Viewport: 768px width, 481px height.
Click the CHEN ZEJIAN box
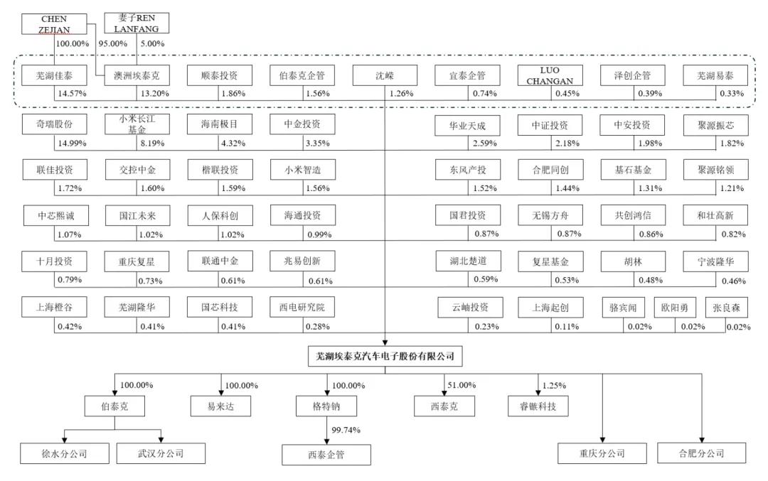pyautogui.click(x=54, y=23)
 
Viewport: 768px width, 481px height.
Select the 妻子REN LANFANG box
pyautogui.click(x=137, y=23)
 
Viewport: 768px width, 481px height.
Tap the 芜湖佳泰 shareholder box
pyautogui.click(x=55, y=75)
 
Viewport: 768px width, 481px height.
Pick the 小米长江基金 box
pyautogui.click(x=137, y=125)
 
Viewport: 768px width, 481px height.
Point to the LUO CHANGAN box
pyautogui.click(x=550, y=75)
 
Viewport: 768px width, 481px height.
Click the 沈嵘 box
pyautogui.click(x=385, y=75)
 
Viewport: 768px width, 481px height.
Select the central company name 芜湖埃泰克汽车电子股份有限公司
pyautogui.click(x=385, y=356)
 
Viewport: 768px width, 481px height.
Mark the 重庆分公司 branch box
pyautogui.click(x=602, y=453)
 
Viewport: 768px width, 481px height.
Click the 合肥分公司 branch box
pyautogui.click(x=701, y=453)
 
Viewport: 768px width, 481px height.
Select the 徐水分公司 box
pyautogui.click(x=64, y=453)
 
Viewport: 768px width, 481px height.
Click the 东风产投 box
pyautogui.click(x=467, y=171)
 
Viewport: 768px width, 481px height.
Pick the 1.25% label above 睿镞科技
pyautogui.click(x=553, y=385)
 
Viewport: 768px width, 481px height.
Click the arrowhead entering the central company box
pyautogui.click(x=385, y=342)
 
